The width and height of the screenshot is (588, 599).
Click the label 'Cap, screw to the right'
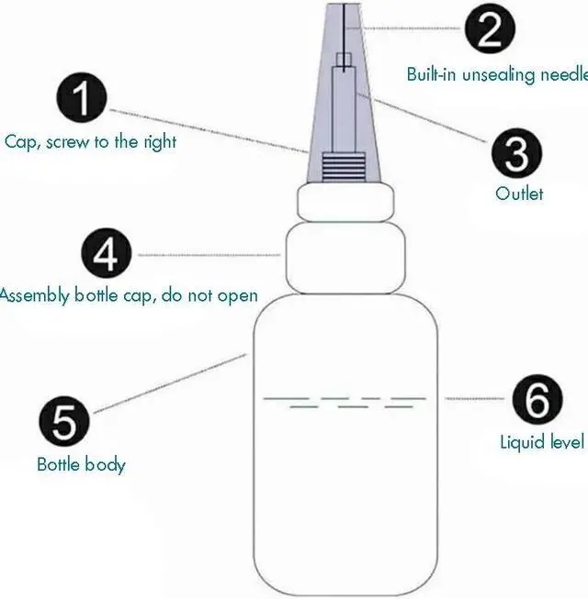[90, 142]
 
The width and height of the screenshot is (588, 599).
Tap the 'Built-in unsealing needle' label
[497, 74]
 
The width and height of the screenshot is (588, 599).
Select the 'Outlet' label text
[519, 194]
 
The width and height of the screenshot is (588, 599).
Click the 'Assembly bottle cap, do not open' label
[129, 296]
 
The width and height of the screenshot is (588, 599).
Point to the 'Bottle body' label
[81, 464]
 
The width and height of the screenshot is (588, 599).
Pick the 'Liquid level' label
[541, 442]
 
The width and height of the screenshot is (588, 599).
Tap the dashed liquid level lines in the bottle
[345, 402]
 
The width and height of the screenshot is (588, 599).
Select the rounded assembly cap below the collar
[347, 260]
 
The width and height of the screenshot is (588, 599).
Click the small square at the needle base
[343, 61]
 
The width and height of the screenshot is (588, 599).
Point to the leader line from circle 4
[207, 254]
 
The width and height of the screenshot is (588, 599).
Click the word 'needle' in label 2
[563, 74]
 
